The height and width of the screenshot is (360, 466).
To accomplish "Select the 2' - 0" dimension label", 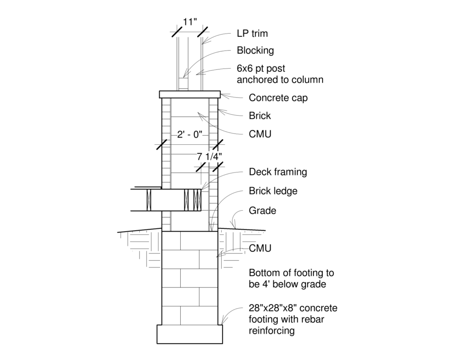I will tap(190, 134).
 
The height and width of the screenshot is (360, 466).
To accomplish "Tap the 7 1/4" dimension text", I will tap(209, 157).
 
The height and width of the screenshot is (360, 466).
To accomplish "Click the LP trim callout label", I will tap(252, 34).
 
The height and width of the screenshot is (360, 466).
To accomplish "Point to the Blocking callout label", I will tap(255, 51).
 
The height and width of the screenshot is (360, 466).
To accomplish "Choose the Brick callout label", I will tap(259, 116).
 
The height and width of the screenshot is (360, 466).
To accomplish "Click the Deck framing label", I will tap(278, 172).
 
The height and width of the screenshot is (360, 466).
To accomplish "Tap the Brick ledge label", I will tap(273, 191).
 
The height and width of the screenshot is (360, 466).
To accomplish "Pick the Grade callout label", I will tap(262, 211).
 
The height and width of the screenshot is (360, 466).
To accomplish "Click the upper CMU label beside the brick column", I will tap(260, 134).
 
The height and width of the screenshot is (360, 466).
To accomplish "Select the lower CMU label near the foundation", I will tap(260, 248).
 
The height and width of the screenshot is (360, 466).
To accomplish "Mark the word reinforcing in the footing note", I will tap(271, 330).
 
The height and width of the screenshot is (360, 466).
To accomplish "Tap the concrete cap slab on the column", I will tap(190, 94).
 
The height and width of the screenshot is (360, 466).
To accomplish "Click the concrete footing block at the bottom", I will tap(190, 334).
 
